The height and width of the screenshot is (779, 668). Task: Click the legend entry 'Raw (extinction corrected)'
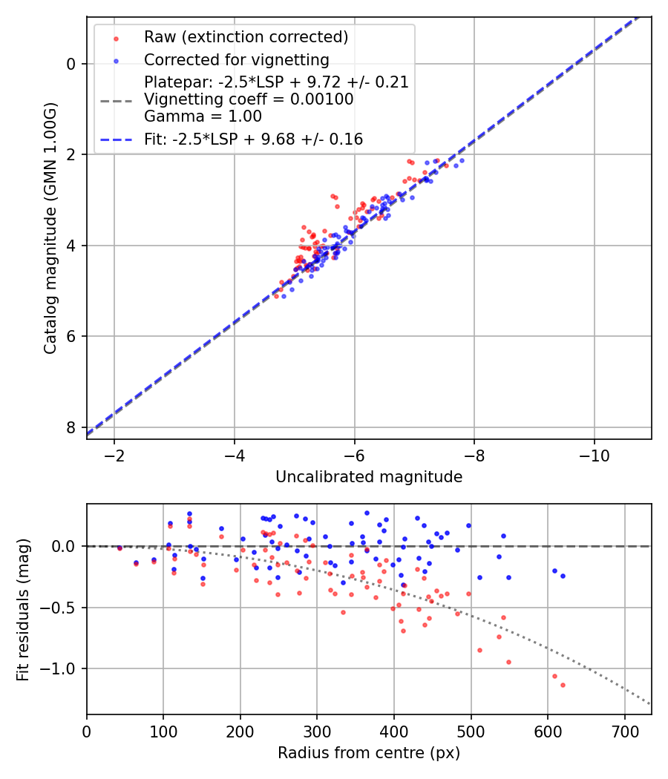246,37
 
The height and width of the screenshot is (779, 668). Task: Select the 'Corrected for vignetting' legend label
237,59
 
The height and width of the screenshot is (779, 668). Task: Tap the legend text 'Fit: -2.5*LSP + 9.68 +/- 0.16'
253,139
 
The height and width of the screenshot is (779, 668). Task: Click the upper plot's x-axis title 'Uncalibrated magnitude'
369,477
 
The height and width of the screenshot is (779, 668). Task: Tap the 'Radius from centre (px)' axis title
369,753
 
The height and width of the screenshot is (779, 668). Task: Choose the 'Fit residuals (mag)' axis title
23,609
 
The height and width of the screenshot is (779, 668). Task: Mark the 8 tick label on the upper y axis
71,427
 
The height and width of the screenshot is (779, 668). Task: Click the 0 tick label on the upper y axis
71,64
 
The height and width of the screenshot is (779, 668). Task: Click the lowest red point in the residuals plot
563,685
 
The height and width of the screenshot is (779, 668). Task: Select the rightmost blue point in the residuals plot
563,576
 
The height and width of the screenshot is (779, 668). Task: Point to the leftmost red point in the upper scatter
276,296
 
